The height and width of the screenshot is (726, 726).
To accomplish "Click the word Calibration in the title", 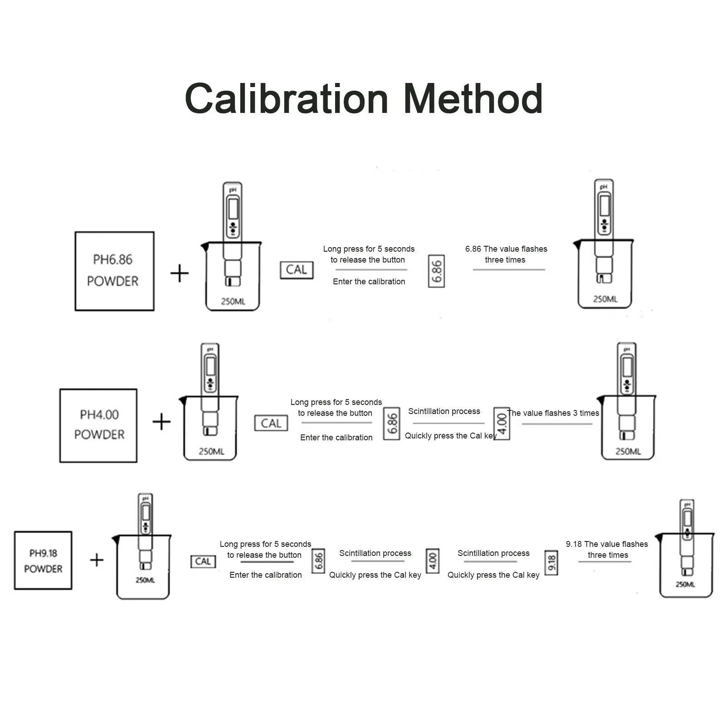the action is click(287, 98).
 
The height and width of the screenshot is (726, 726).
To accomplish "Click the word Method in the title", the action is click(473, 98).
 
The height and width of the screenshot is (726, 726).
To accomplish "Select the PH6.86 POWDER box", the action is click(114, 271).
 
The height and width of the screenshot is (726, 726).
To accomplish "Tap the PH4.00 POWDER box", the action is click(98, 425).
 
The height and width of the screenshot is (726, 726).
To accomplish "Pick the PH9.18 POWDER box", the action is click(43, 560).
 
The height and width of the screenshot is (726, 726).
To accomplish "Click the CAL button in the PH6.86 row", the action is click(297, 270).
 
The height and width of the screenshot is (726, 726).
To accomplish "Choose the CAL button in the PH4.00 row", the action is click(271, 423).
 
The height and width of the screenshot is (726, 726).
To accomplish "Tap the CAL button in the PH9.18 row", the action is click(203, 561).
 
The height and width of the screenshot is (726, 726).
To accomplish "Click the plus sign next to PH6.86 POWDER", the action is click(180, 273).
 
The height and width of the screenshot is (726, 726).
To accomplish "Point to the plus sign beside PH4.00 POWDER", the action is click(161, 422).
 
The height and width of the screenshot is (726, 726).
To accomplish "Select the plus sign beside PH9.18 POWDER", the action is click(97, 560).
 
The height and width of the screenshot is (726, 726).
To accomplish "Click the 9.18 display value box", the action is click(551, 562).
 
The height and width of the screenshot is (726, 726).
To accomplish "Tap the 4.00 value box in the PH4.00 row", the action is click(502, 424).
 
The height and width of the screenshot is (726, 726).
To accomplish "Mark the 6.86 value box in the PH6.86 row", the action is click(436, 271).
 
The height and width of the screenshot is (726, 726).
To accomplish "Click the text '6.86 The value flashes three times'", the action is click(506, 254).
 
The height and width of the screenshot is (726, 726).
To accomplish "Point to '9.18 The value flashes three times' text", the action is click(607, 550).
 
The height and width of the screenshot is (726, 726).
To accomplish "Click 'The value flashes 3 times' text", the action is click(553, 413).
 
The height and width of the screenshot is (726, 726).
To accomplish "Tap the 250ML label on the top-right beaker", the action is click(605, 299).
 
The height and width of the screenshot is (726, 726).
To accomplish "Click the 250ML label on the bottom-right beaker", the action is click(685, 585).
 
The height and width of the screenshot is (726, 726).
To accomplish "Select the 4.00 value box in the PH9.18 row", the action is click(433, 561).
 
